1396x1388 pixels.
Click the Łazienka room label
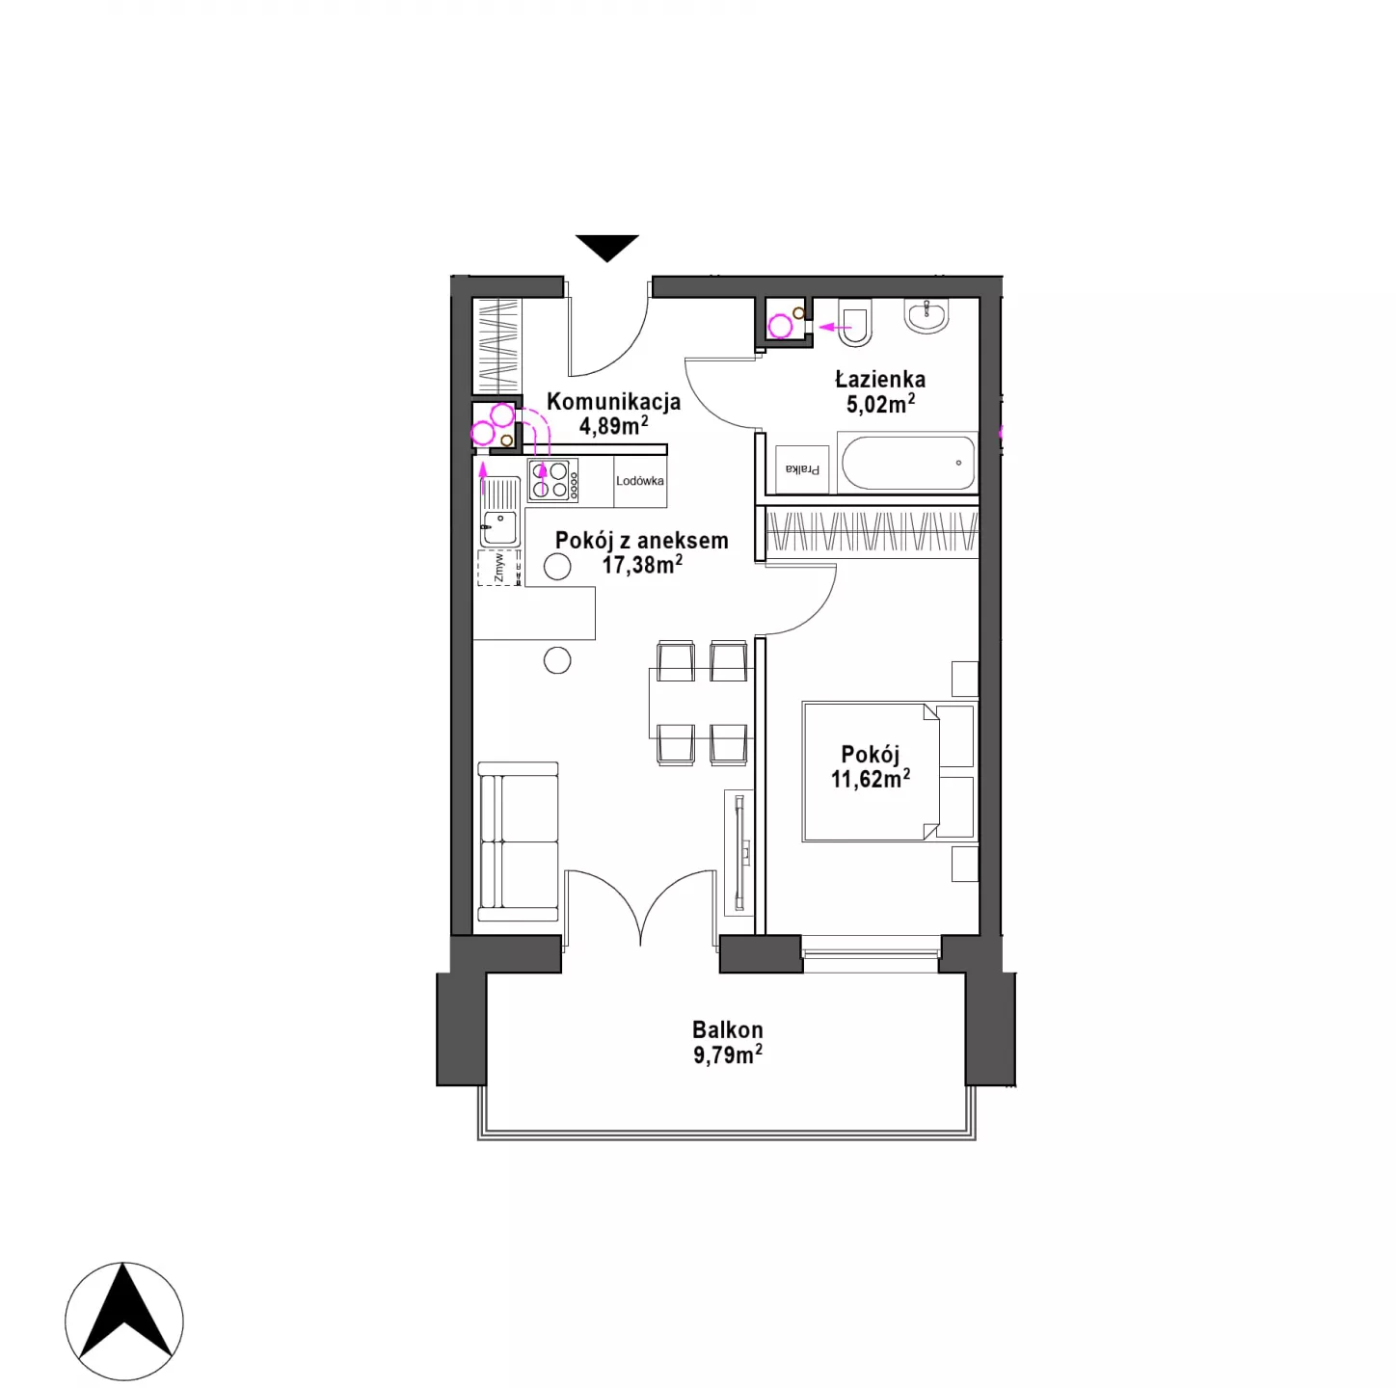pyautogui.click(x=879, y=379)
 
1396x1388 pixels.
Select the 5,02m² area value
pyautogui.click(x=880, y=404)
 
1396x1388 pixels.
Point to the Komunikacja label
pyautogui.click(x=613, y=401)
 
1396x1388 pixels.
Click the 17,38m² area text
pyautogui.click(x=642, y=564)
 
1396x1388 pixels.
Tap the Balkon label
pyautogui.click(x=727, y=1029)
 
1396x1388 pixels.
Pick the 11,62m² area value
pyautogui.click(x=870, y=779)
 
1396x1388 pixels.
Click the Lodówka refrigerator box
pyautogui.click(x=640, y=481)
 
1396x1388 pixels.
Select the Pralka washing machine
pyautogui.click(x=802, y=468)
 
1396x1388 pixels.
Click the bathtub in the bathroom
pyautogui.click(x=907, y=462)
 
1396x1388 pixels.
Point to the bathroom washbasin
pyautogui.click(x=926, y=315)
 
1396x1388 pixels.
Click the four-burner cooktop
pyautogui.click(x=552, y=480)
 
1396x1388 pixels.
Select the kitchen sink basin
pyautogui.click(x=499, y=526)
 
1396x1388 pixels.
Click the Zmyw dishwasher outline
pyautogui.click(x=498, y=567)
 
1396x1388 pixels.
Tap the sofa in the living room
pyautogui.click(x=518, y=841)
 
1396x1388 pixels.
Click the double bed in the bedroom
pyautogui.click(x=890, y=771)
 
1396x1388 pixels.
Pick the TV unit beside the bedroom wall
pyautogui.click(x=738, y=853)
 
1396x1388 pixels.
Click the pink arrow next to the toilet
pyautogui.click(x=835, y=327)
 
